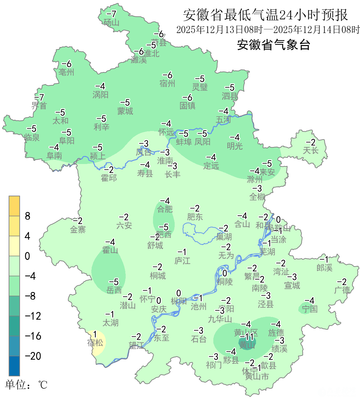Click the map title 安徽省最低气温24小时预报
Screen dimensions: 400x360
265,15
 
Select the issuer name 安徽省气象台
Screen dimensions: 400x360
273,44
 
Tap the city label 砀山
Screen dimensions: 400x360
111,23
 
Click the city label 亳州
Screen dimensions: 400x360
66,72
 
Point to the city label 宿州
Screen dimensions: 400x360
167,83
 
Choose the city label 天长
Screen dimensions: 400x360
310,151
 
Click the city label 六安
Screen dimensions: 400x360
124,226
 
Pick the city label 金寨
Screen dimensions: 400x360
78,230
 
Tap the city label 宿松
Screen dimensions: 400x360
95,343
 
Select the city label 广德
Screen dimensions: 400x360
342,290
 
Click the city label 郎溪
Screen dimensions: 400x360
324,268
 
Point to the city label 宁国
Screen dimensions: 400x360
310,309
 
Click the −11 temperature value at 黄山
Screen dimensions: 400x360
247,337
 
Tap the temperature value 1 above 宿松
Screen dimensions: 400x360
95,334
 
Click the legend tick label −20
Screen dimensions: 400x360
33,356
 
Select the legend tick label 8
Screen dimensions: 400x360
28,216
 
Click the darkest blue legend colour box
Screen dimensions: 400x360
14,366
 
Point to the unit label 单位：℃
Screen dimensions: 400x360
26,385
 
